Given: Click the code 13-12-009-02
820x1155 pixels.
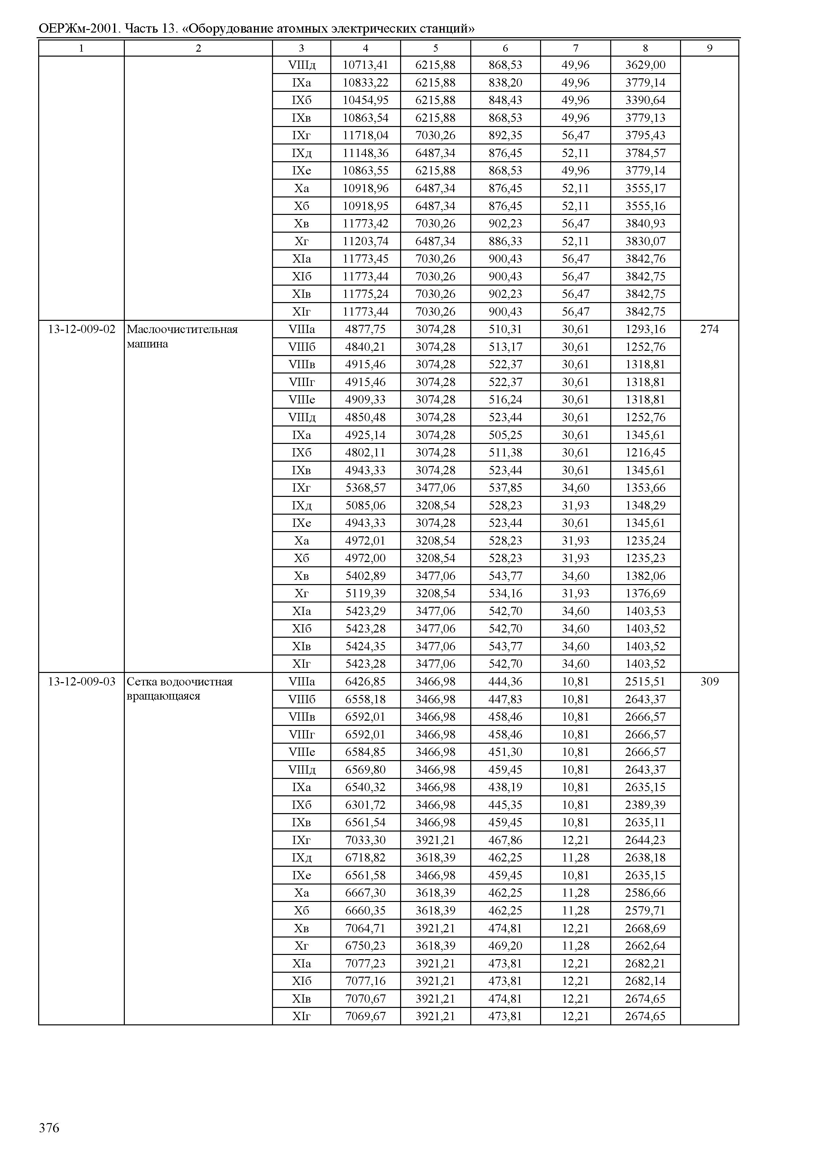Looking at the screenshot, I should point(81,329).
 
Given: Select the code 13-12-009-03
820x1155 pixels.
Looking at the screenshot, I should point(81,682).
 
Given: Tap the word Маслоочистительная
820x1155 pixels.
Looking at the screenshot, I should point(182,329).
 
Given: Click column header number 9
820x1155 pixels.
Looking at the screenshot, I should point(709,48).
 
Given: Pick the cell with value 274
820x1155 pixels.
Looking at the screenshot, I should point(709,329).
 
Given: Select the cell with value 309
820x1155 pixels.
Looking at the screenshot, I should point(709,682).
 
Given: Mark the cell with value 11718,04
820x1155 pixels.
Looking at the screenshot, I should point(365,135).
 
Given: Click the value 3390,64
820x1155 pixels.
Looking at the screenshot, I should point(645,100).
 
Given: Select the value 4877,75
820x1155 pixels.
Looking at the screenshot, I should point(365,329).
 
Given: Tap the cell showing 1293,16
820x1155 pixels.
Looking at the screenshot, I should point(645,329).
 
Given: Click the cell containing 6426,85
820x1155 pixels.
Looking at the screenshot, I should point(365,682).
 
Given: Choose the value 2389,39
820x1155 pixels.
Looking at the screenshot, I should point(645,805).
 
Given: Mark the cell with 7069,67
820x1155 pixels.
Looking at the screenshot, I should point(365,1016).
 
